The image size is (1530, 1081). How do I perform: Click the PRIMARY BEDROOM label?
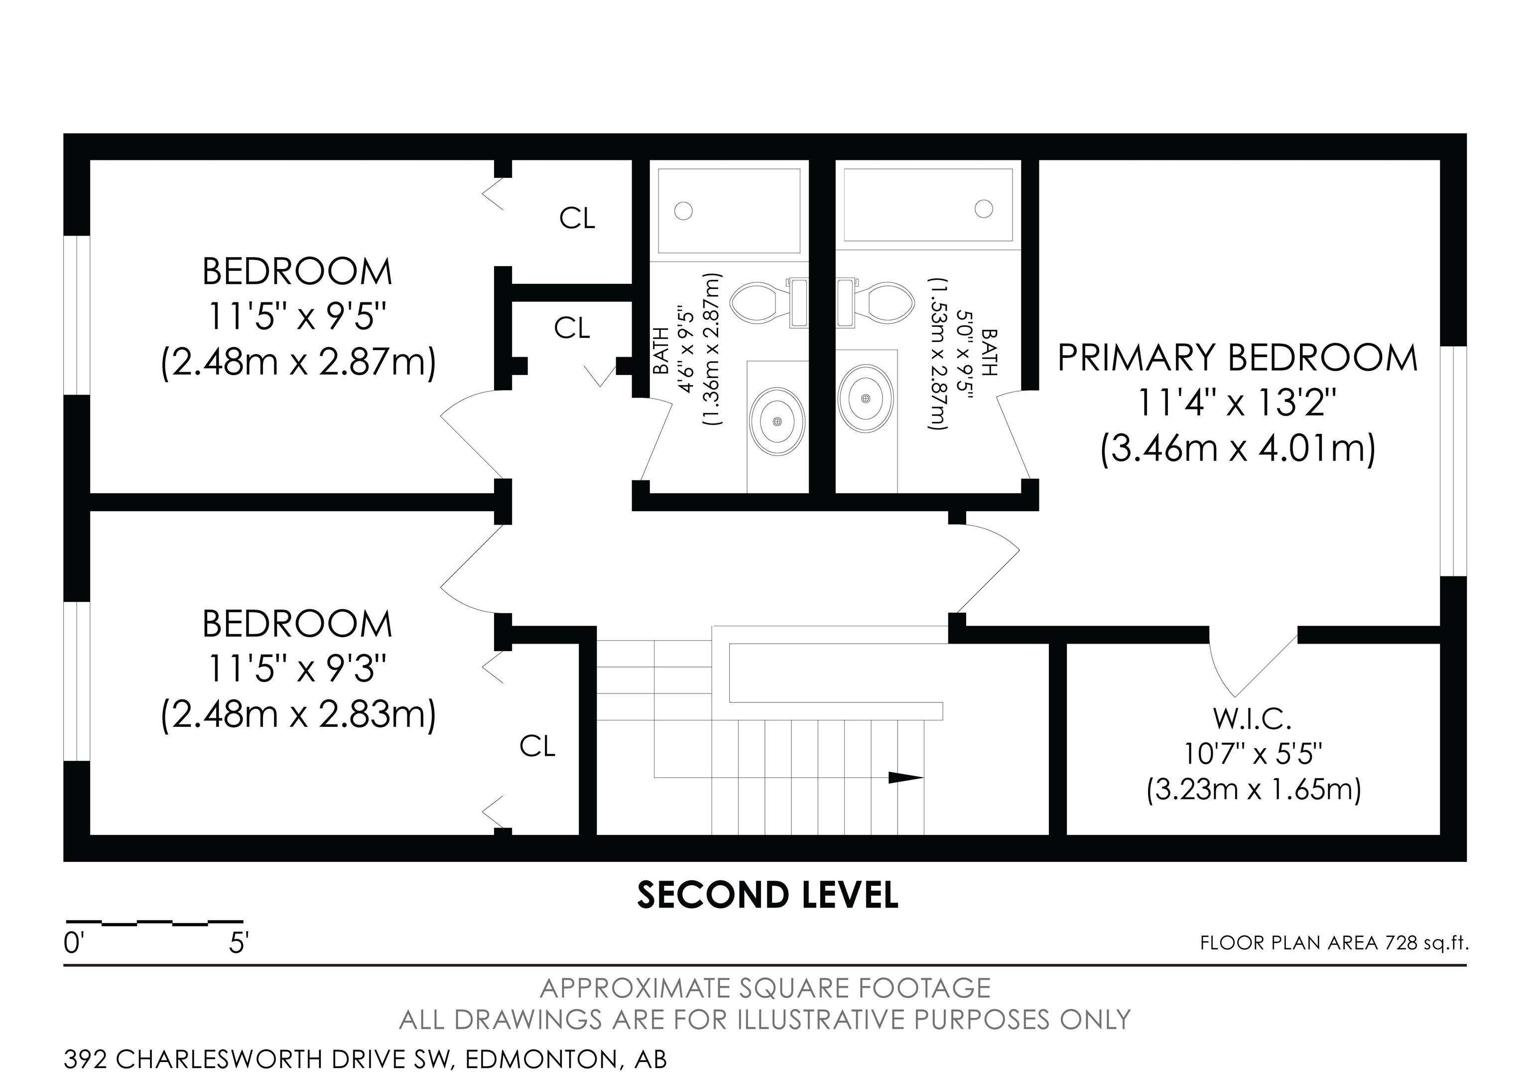click(1238, 358)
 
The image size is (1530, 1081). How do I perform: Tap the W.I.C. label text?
click(1252, 718)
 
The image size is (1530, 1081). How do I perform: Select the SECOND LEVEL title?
click(767, 895)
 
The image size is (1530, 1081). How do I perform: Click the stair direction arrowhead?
click(906, 778)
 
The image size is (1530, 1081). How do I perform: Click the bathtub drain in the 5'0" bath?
click(984, 209)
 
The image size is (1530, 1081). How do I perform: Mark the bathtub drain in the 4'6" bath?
click(683, 211)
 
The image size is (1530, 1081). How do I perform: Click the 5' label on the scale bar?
click(239, 944)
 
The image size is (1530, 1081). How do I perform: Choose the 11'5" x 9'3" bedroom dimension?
click(297, 669)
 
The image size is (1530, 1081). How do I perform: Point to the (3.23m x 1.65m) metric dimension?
click(1253, 790)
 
